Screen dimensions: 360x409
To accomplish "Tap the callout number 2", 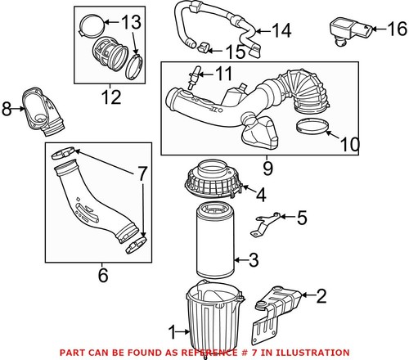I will pos(321,295).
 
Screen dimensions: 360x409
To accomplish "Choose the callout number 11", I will pos(223,74).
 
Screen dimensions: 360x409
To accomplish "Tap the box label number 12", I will pos(109,99).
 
